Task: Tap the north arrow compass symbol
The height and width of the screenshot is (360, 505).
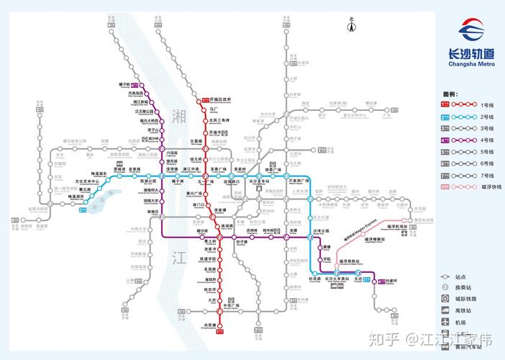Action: point(352,27)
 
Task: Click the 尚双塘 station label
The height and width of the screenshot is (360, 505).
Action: point(209,325)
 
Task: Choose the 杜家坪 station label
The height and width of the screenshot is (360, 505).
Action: point(392,281)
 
